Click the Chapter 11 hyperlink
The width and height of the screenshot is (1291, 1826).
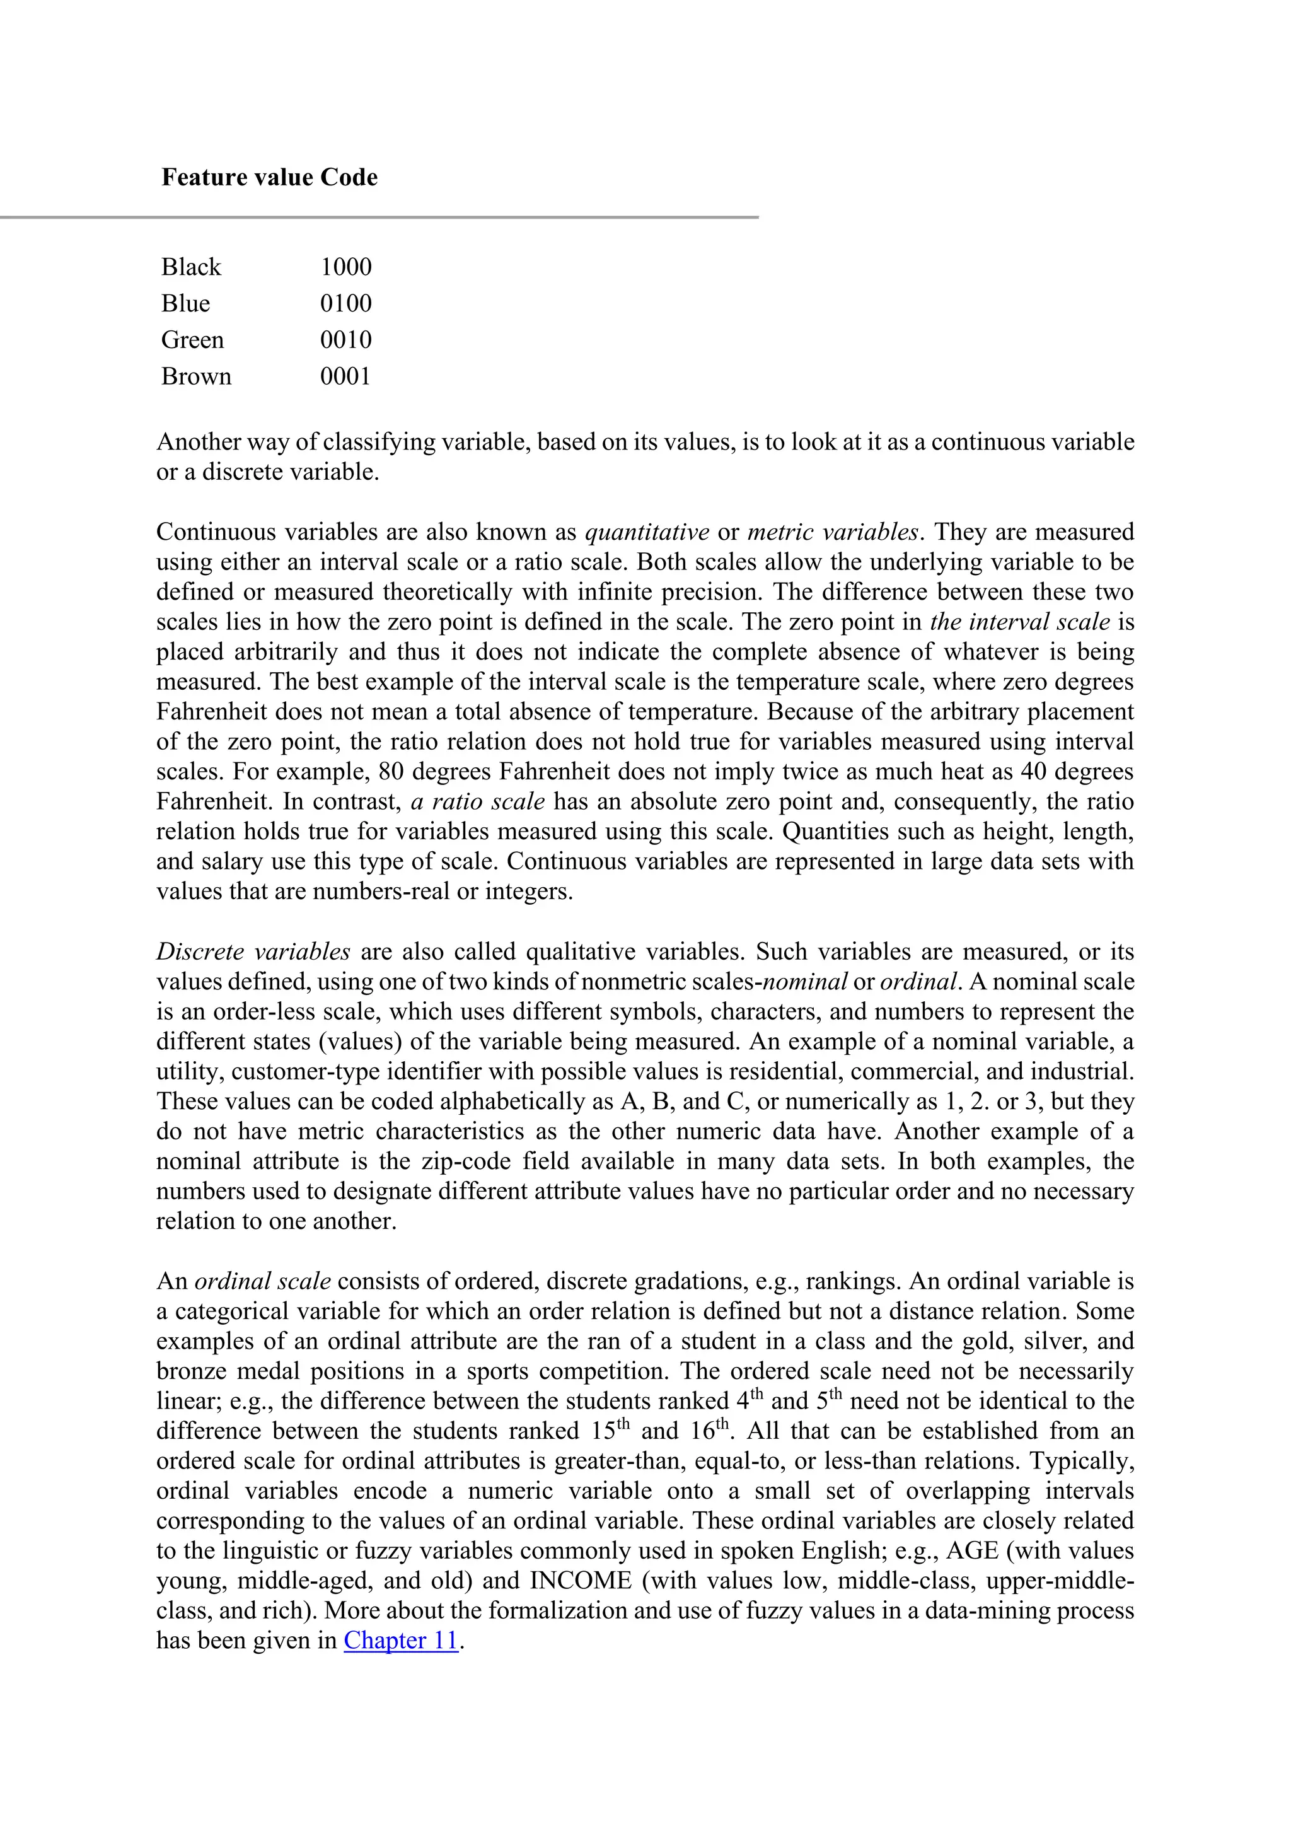pyautogui.click(x=401, y=1640)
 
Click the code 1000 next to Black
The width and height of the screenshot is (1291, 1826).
pyautogui.click(x=346, y=267)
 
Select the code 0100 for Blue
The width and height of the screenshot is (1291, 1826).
pyautogui.click(x=346, y=303)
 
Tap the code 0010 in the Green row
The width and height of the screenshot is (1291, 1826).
pyautogui.click(x=346, y=340)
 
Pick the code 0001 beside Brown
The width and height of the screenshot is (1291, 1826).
pyautogui.click(x=346, y=376)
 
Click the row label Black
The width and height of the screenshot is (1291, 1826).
pyautogui.click(x=191, y=267)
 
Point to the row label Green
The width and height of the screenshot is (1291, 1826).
pyautogui.click(x=192, y=340)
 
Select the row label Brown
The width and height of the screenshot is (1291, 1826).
pyautogui.click(x=196, y=376)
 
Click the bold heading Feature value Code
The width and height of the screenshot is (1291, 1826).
pyautogui.click(x=270, y=177)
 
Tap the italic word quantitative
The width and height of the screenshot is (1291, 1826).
pyautogui.click(x=647, y=532)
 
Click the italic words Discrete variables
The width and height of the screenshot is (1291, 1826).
pyautogui.click(x=253, y=951)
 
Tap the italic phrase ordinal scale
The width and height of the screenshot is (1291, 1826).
pyautogui.click(x=262, y=1281)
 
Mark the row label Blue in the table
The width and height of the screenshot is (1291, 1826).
pyautogui.click(x=185, y=303)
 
